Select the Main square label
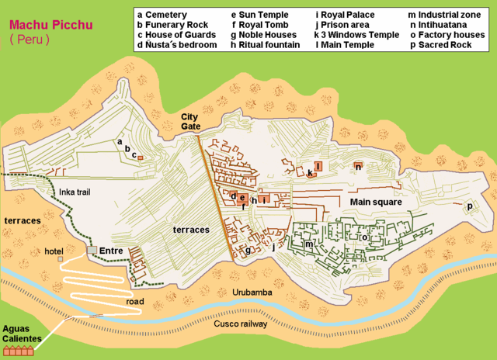coord(375,202)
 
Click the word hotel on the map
coord(54,251)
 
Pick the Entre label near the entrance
coord(111,251)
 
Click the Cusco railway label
coord(241,323)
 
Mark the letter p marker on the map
coord(469,206)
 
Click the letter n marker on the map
coord(358,166)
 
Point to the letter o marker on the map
coord(363,237)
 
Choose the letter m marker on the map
coord(308,244)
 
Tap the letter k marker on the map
coord(309,172)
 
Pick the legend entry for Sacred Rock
coord(444,45)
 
